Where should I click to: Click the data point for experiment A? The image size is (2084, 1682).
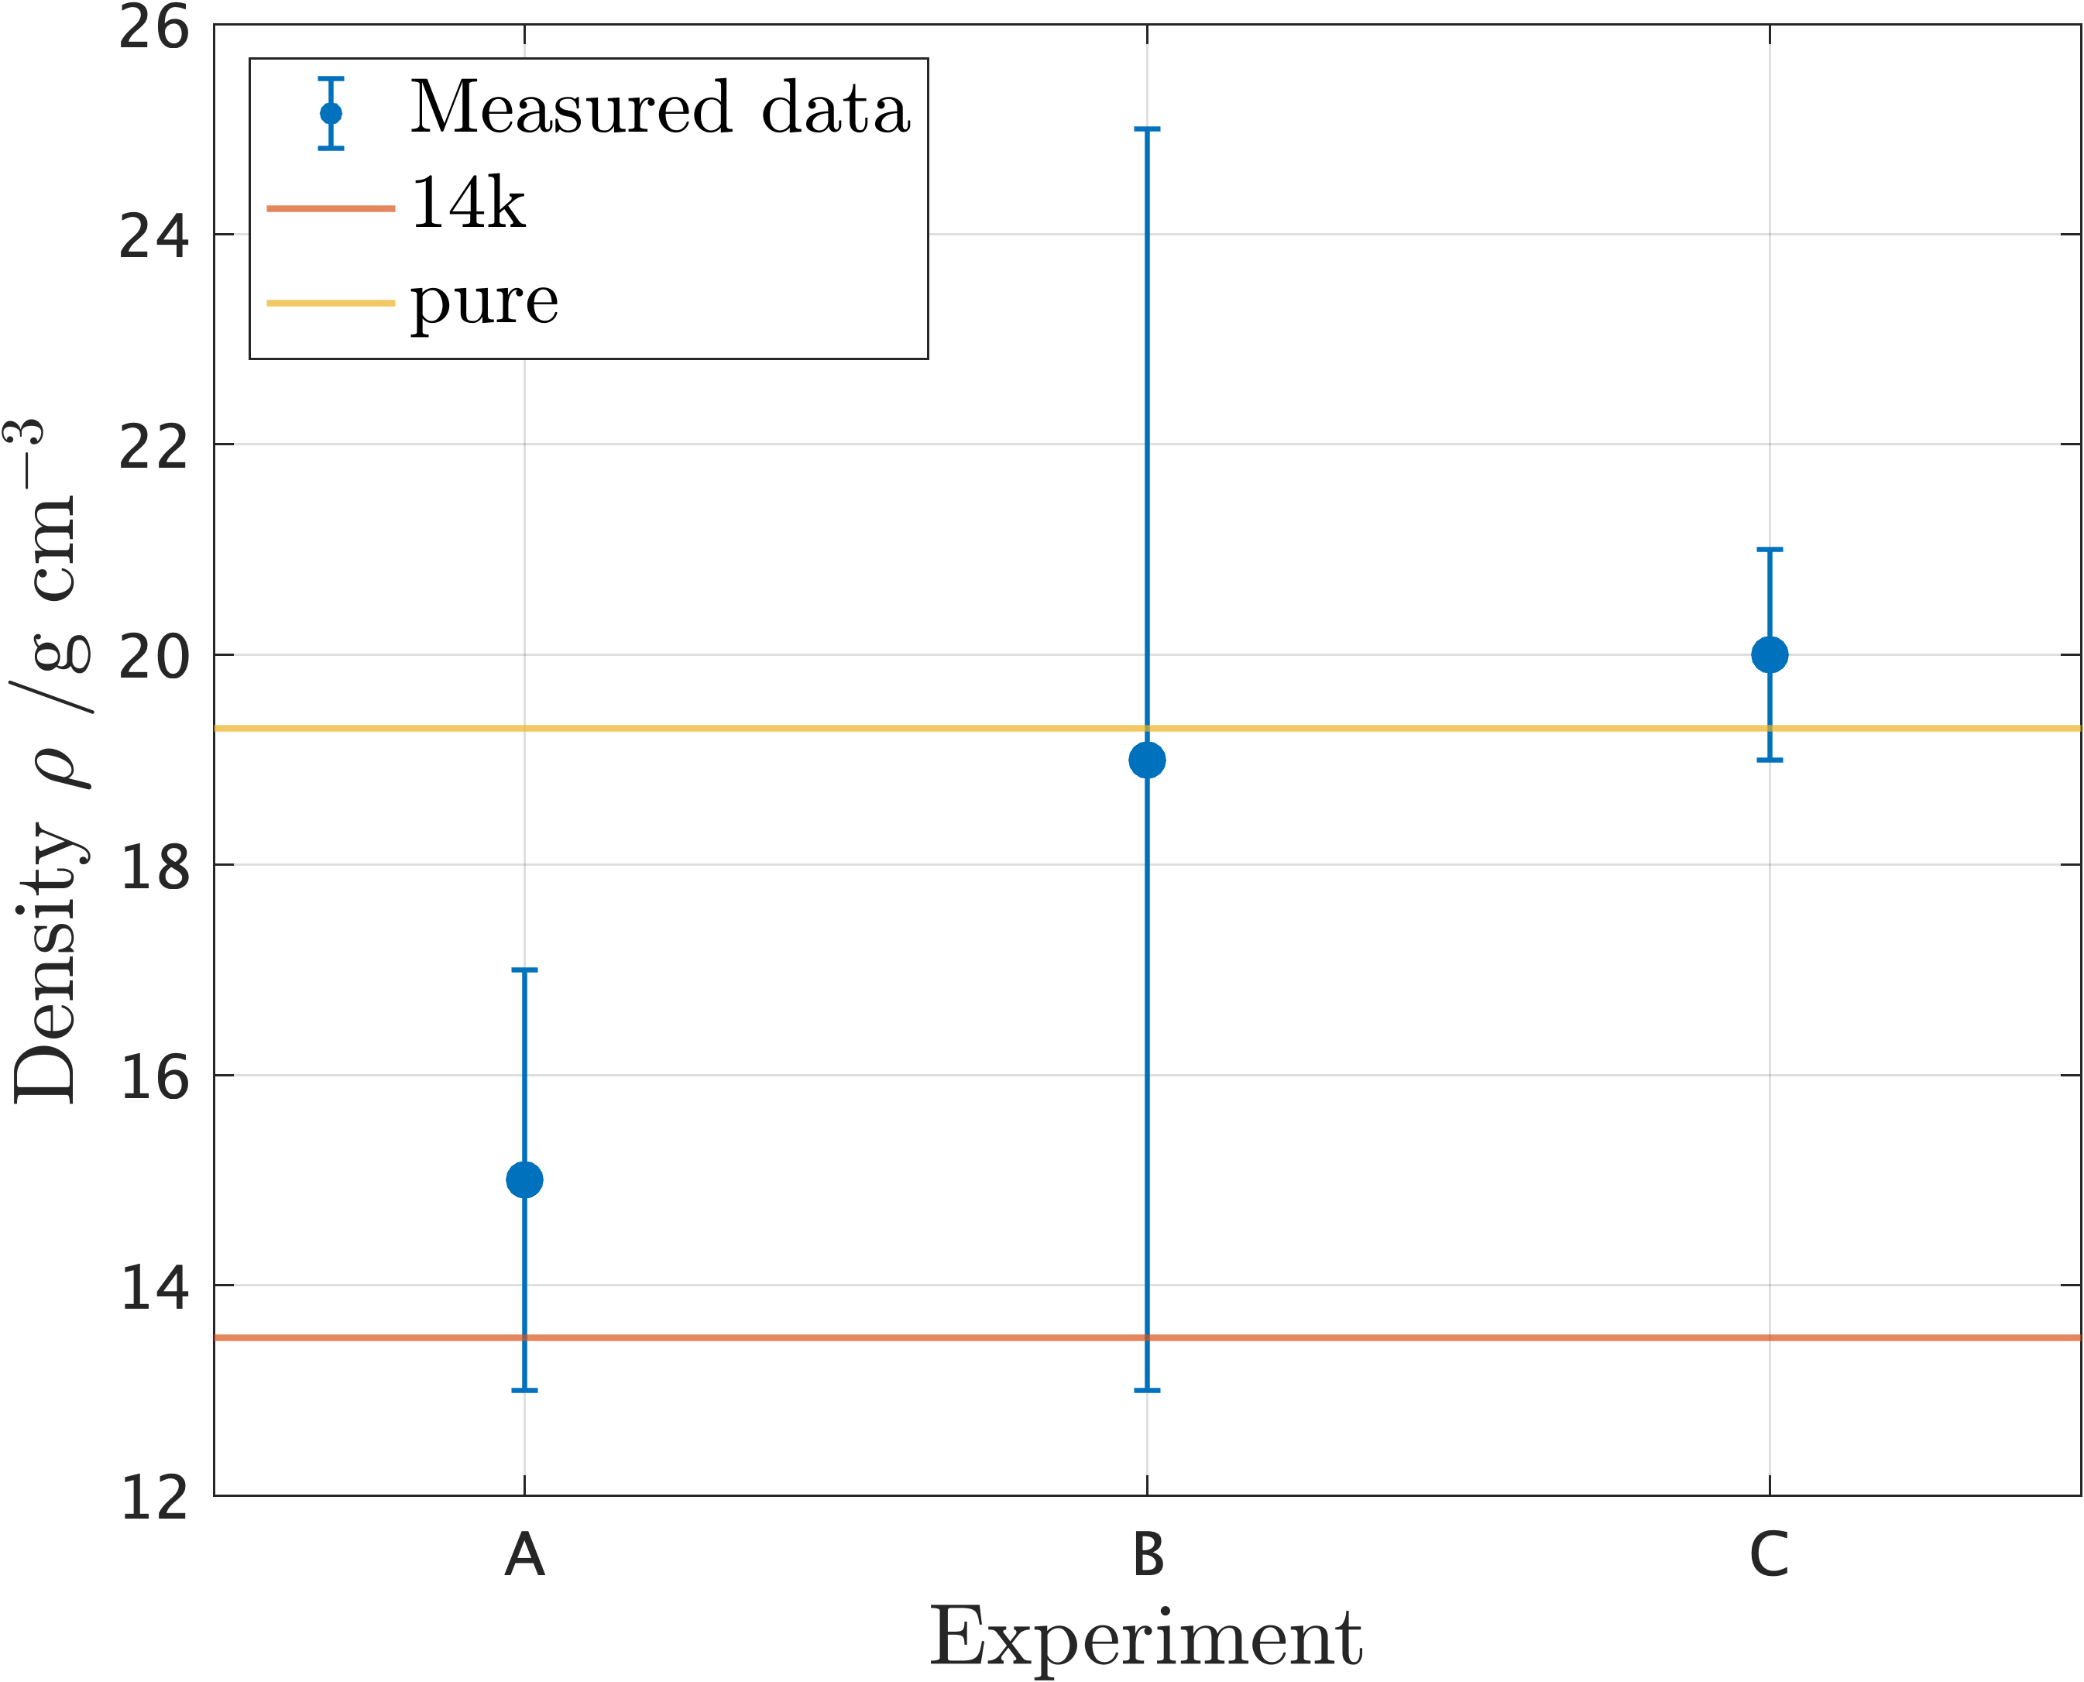tap(524, 1180)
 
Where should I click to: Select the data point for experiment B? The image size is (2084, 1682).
tap(1147, 760)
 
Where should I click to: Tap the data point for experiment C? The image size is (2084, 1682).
tap(1769, 655)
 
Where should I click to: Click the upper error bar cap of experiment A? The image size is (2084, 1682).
tap(524, 970)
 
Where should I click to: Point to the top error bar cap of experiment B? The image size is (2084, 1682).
tap(1147, 129)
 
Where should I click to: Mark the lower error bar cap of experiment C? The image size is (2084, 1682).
tap(1769, 760)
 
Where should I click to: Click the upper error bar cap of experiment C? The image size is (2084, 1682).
tap(1769, 549)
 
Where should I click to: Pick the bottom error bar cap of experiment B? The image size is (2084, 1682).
tap(1147, 1390)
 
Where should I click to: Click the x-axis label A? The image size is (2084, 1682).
tap(524, 1556)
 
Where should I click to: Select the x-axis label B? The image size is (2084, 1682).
tap(1148, 1556)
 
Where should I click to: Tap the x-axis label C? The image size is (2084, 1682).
tap(1769, 1556)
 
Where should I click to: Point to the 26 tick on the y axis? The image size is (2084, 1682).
tap(153, 27)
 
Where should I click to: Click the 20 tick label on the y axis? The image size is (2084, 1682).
tap(153, 657)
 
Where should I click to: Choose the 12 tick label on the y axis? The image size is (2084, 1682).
tap(153, 1498)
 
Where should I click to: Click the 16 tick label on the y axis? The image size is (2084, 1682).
tap(153, 1077)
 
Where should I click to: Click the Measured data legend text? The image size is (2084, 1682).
tap(660, 108)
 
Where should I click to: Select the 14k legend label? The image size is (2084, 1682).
tap(468, 204)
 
